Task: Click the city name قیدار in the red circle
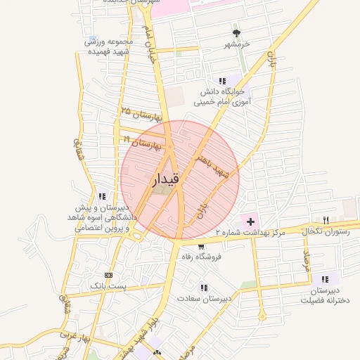pyautogui.click(x=166, y=180)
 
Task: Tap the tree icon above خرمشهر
pyautogui.click(x=236, y=33)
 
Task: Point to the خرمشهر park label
pyautogui.click(x=236, y=45)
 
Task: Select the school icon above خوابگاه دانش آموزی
pyautogui.click(x=222, y=82)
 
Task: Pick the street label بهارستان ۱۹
pyautogui.click(x=143, y=144)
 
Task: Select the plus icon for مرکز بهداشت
pyautogui.click(x=251, y=222)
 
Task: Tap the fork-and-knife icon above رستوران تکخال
pyautogui.click(x=325, y=220)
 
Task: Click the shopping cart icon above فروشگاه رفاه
pyautogui.click(x=202, y=247)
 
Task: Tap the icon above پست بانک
pyautogui.click(x=108, y=275)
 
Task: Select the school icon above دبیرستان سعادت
pyautogui.click(x=204, y=288)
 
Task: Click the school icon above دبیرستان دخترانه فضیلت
pyautogui.click(x=325, y=279)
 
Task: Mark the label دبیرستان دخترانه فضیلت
pyautogui.click(x=325, y=295)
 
